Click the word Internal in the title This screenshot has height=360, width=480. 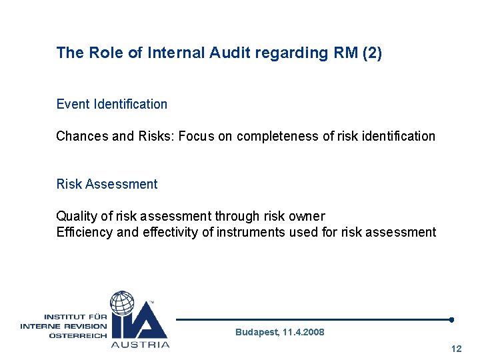coord(175,53)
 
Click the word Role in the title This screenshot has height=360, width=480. coord(103,53)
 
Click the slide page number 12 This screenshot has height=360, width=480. coord(457,349)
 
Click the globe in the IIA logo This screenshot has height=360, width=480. coord(123,303)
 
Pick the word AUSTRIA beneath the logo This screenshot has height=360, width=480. coord(140,345)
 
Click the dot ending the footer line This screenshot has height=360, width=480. coord(452,319)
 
